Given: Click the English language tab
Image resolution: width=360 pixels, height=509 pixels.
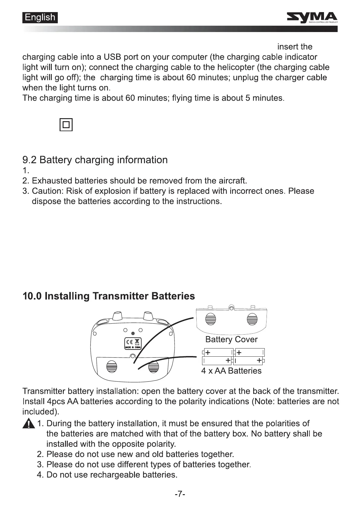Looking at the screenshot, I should tap(40, 18).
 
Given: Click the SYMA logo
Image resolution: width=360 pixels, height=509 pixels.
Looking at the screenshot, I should tap(312, 18).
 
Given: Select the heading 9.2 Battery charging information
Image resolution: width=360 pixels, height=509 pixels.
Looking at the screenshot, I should tap(95, 160).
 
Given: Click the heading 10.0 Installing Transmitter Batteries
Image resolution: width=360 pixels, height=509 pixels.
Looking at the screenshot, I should tap(109, 296).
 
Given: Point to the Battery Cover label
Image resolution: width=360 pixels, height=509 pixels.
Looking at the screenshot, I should tap(231, 339).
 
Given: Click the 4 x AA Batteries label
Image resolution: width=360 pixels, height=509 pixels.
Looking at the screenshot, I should tap(231, 371).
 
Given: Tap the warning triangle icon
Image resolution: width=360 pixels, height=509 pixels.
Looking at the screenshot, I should tap(28, 424).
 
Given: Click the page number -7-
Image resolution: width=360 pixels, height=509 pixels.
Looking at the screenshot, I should tap(180, 494).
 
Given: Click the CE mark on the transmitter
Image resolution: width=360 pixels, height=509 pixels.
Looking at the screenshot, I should tap(129, 342).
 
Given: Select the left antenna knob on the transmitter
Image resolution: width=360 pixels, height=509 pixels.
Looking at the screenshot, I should tap(117, 316).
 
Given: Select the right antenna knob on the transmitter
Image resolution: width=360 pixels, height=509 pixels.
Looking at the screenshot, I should tap(148, 316).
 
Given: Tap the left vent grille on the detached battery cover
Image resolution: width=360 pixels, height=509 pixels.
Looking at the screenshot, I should tap(211, 319).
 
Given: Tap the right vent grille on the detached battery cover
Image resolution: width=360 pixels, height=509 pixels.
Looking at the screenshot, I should tap(252, 319).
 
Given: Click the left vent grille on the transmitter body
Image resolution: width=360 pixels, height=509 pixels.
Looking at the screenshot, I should tap(112, 367).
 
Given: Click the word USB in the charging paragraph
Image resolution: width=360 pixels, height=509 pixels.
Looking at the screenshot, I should tap(112, 57).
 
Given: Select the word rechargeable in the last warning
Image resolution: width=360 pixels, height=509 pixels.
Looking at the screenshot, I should tap(115, 475).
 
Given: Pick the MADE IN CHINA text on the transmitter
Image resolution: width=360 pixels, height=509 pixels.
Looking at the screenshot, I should tap(133, 348).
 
